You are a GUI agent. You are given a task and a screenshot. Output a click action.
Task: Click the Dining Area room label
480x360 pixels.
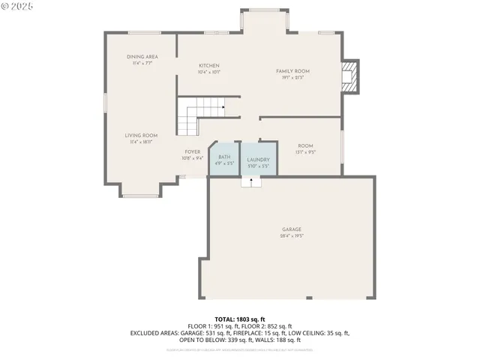point(142,57)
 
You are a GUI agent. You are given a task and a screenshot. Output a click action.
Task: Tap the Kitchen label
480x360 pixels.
point(209,66)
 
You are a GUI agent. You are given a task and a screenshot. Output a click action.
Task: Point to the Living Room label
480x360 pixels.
point(141,135)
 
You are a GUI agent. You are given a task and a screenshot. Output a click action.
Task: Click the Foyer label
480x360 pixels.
point(193,151)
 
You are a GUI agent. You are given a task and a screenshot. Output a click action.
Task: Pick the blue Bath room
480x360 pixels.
point(223,159)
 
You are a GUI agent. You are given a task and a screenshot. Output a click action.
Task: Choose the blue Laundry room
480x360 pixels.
point(258,159)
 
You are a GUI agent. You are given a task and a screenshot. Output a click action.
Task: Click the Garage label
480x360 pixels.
point(292,229)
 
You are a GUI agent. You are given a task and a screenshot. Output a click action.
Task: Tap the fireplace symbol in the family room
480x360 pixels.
point(349,76)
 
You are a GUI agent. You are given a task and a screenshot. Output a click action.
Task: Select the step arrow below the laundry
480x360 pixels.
point(251,181)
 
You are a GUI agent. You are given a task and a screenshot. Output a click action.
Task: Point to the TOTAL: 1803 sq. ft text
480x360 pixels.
point(240,319)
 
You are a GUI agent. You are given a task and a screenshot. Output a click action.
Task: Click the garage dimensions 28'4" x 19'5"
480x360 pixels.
point(292,235)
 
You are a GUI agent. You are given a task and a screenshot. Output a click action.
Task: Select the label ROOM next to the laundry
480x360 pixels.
point(305,145)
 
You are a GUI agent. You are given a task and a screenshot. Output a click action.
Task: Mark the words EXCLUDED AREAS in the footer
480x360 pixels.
point(155,332)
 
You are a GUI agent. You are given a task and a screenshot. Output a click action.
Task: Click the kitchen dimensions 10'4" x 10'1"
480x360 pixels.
point(209,72)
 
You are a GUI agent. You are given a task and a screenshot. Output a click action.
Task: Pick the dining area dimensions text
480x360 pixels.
point(142,63)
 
